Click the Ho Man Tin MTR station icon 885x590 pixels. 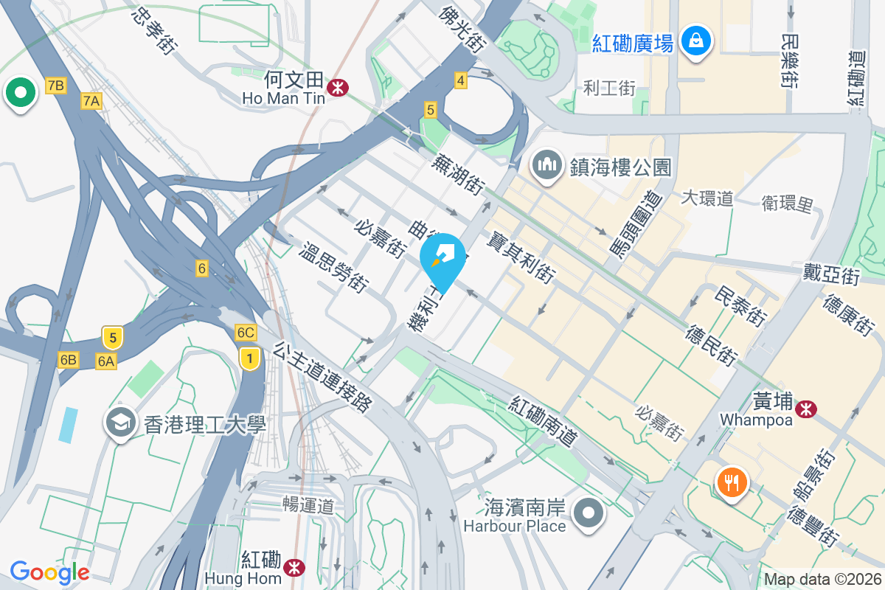[x=339, y=88]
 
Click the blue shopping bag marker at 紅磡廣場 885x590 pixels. [x=696, y=40]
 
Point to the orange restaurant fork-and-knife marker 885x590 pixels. [x=732, y=483]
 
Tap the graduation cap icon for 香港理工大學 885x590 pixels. [x=120, y=423]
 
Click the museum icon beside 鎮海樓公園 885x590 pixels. [x=546, y=164]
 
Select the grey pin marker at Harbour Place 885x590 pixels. [x=588, y=513]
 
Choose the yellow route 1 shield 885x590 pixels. [x=251, y=359]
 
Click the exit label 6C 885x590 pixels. [x=246, y=333]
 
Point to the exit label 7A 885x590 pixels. [x=91, y=101]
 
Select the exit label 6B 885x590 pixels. [x=69, y=359]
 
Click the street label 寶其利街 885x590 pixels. [x=521, y=256]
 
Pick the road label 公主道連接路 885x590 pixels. [x=323, y=377]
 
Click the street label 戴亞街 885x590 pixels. [x=831, y=276]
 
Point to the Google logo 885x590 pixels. [x=49, y=572]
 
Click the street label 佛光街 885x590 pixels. [x=462, y=27]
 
